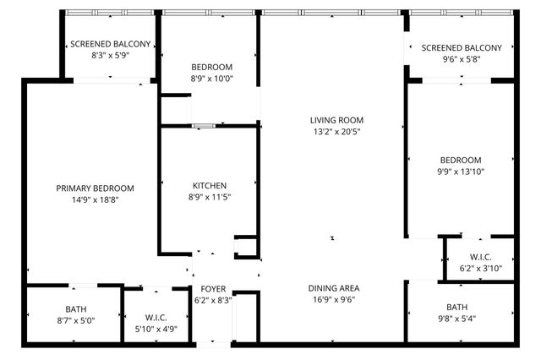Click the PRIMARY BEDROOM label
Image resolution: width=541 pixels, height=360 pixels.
[x=95, y=188]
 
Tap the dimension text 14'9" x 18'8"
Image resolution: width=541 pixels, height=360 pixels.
[x=95, y=200]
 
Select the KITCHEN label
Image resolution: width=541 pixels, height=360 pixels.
[x=210, y=185]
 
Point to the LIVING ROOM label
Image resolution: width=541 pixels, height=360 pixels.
[x=336, y=120]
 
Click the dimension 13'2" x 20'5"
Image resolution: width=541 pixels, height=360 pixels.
[x=336, y=132]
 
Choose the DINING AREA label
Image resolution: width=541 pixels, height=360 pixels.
[x=333, y=288]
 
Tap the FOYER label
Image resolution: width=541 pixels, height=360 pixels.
[x=213, y=288]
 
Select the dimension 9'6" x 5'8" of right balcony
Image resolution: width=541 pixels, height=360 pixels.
[x=461, y=60]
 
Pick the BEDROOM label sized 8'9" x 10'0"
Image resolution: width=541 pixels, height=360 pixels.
[x=212, y=67]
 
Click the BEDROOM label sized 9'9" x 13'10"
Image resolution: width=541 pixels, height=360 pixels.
[x=461, y=160]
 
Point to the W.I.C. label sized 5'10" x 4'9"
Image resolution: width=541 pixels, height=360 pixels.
[x=155, y=318]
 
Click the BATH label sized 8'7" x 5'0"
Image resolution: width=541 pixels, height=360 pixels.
[x=75, y=308]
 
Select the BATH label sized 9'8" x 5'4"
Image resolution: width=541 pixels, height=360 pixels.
[x=456, y=307]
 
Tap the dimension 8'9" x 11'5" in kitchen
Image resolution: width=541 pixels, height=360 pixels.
[x=210, y=197]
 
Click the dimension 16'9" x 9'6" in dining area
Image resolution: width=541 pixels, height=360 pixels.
[x=333, y=299]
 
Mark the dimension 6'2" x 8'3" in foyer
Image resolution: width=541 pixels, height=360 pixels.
[x=213, y=299]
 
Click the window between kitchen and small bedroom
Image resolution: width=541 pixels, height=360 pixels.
[x=204, y=126]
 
